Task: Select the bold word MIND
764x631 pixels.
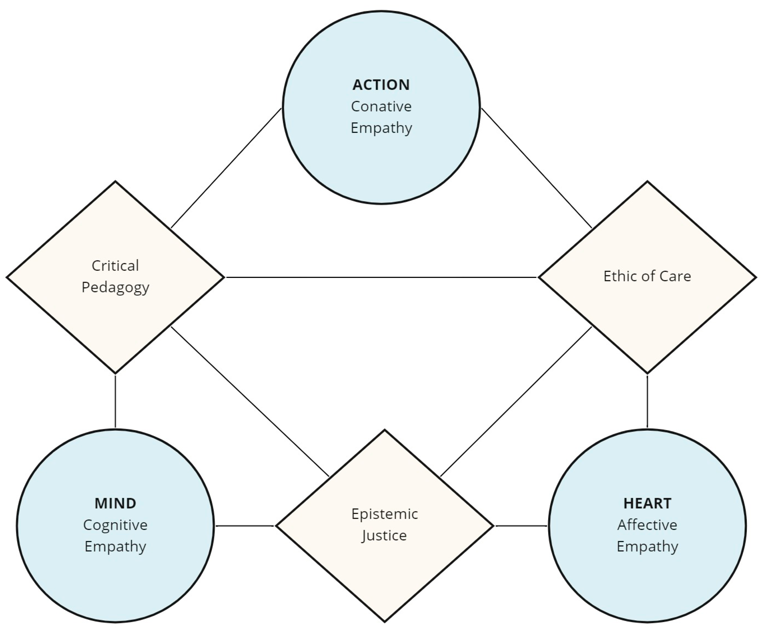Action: point(115,503)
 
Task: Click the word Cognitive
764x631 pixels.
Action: point(115,525)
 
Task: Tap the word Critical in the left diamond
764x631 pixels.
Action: point(115,266)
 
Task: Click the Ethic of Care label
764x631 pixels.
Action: point(647,276)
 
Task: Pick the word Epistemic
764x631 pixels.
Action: point(385,514)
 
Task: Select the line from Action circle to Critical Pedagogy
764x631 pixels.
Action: point(226,168)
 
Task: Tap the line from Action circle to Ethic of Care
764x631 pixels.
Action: point(537,168)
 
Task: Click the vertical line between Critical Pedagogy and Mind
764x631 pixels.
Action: point(115,401)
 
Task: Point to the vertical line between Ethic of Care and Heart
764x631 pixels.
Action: point(647,401)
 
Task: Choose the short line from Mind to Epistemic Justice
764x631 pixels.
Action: point(245,526)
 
